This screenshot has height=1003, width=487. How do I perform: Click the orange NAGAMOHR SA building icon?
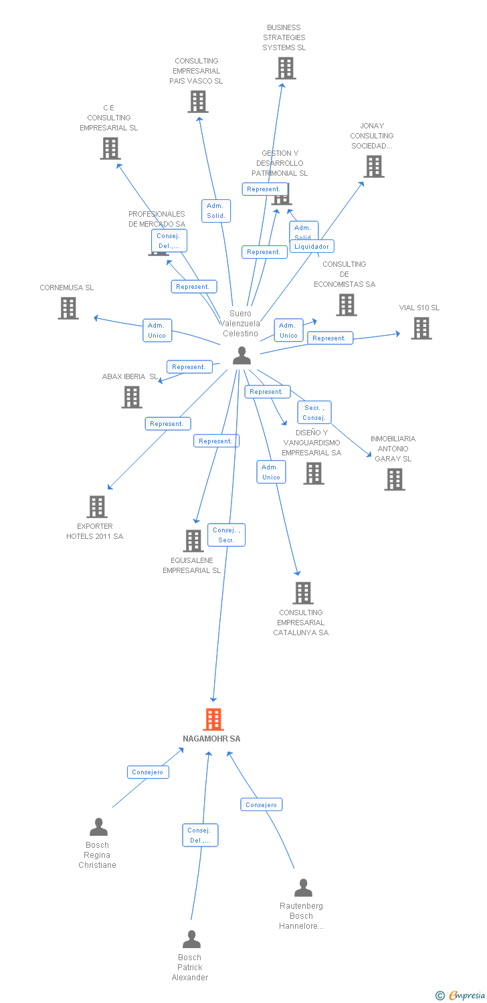[213, 719]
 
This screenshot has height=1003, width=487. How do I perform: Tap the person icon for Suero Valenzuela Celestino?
[241, 356]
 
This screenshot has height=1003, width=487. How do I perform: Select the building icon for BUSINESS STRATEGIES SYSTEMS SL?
[286, 68]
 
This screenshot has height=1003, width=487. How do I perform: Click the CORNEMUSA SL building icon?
[68, 308]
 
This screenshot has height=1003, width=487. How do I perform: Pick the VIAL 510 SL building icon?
[421, 328]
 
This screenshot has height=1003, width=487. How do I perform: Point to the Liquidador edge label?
[312, 246]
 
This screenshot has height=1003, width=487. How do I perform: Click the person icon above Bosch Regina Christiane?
[98, 827]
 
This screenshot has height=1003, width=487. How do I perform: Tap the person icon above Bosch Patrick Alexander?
[191, 939]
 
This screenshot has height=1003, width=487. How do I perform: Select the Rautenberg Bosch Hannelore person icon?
[303, 888]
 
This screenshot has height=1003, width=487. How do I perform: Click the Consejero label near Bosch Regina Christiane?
[148, 772]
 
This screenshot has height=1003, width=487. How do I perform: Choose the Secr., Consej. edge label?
[314, 413]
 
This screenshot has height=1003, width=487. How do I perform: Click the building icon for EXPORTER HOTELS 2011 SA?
[97, 507]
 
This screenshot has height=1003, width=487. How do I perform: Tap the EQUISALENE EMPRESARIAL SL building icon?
[193, 540]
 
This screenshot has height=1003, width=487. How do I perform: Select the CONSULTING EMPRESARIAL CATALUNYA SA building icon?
[303, 593]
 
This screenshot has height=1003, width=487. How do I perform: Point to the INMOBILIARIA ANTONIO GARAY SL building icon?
[394, 479]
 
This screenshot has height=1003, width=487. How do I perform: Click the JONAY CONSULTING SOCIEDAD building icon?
[373, 166]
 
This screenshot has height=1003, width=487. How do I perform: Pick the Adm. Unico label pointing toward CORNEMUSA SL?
[157, 330]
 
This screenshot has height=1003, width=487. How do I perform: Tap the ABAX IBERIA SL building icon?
[132, 397]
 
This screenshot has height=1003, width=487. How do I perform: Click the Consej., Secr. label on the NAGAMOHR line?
[226, 534]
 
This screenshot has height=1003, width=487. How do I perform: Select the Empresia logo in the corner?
[462, 995]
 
